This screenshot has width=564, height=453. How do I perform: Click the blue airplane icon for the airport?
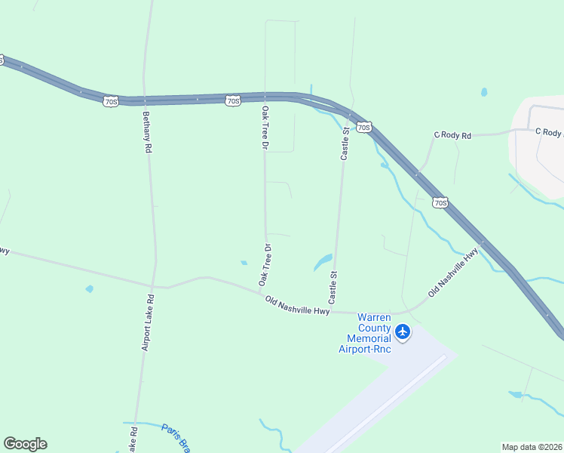(403, 331)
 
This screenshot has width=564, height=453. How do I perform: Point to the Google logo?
(25, 444)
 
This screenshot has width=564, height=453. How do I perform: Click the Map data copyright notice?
(532, 447)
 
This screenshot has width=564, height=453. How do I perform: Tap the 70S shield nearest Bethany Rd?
(111, 100)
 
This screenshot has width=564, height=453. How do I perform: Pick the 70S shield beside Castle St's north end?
(363, 127)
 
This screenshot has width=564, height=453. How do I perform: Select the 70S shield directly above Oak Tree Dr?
(233, 100)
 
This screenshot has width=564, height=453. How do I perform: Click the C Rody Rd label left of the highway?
(452, 135)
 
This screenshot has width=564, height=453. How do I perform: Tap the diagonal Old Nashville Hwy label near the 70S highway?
(453, 272)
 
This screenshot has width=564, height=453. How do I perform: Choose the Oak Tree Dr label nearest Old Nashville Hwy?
(265, 264)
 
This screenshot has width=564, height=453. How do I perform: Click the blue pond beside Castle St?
(323, 262)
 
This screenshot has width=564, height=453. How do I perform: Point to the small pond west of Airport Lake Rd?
(90, 288)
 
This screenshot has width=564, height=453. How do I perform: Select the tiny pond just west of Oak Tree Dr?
(244, 263)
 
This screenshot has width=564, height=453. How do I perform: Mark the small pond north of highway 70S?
(484, 93)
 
